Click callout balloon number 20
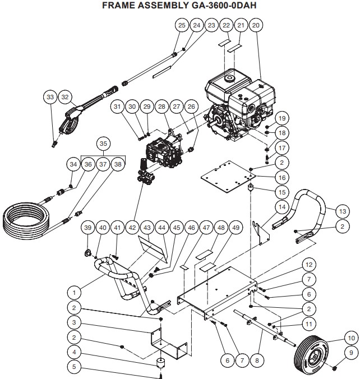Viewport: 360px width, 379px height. pyautogui.click(x=256, y=25)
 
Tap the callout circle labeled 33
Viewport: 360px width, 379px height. pyautogui.click(x=50, y=97)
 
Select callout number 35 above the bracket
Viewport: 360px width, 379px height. pyautogui.click(x=102, y=143)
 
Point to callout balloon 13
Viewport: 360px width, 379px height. pyautogui.click(x=341, y=211)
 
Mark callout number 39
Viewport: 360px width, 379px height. pyautogui.click(x=87, y=228)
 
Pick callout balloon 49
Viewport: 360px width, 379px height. pyautogui.click(x=236, y=228)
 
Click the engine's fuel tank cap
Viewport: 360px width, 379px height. pyautogui.click(x=229, y=78)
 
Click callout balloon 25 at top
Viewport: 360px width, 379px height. pyautogui.click(x=182, y=25)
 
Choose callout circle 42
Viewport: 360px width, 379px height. pyautogui.click(x=132, y=228)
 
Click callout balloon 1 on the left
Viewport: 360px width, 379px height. pyautogui.click(x=72, y=292)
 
